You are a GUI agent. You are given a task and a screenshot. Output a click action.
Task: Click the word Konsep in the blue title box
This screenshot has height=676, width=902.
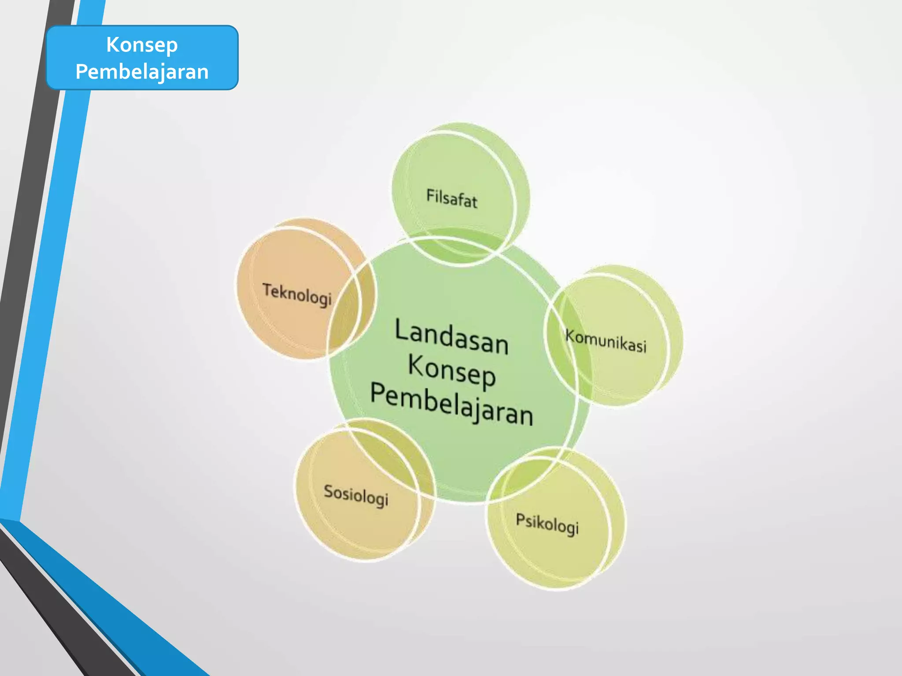click(142, 45)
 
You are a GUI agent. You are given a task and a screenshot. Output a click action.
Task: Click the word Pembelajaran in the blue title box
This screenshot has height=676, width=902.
click(142, 72)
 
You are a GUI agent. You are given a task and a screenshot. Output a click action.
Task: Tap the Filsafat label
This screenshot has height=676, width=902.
click(451, 198)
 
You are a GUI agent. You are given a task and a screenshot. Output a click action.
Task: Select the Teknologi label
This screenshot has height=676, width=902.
click(297, 294)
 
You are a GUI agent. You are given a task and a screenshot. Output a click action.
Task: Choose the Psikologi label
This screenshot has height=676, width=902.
click(547, 524)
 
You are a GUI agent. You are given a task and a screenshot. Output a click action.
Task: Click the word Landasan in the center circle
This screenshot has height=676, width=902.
click(451, 337)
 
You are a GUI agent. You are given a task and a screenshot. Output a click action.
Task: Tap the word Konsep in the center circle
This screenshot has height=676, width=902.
click(452, 372)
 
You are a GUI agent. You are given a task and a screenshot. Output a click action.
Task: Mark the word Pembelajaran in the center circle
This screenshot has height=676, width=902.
click(451, 404)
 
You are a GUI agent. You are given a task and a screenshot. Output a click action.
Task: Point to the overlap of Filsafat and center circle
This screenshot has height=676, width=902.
click(458, 246)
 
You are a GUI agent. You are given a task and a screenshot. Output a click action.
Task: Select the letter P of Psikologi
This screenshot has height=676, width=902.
click(520, 520)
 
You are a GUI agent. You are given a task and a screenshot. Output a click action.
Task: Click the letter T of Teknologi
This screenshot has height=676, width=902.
click(267, 290)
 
